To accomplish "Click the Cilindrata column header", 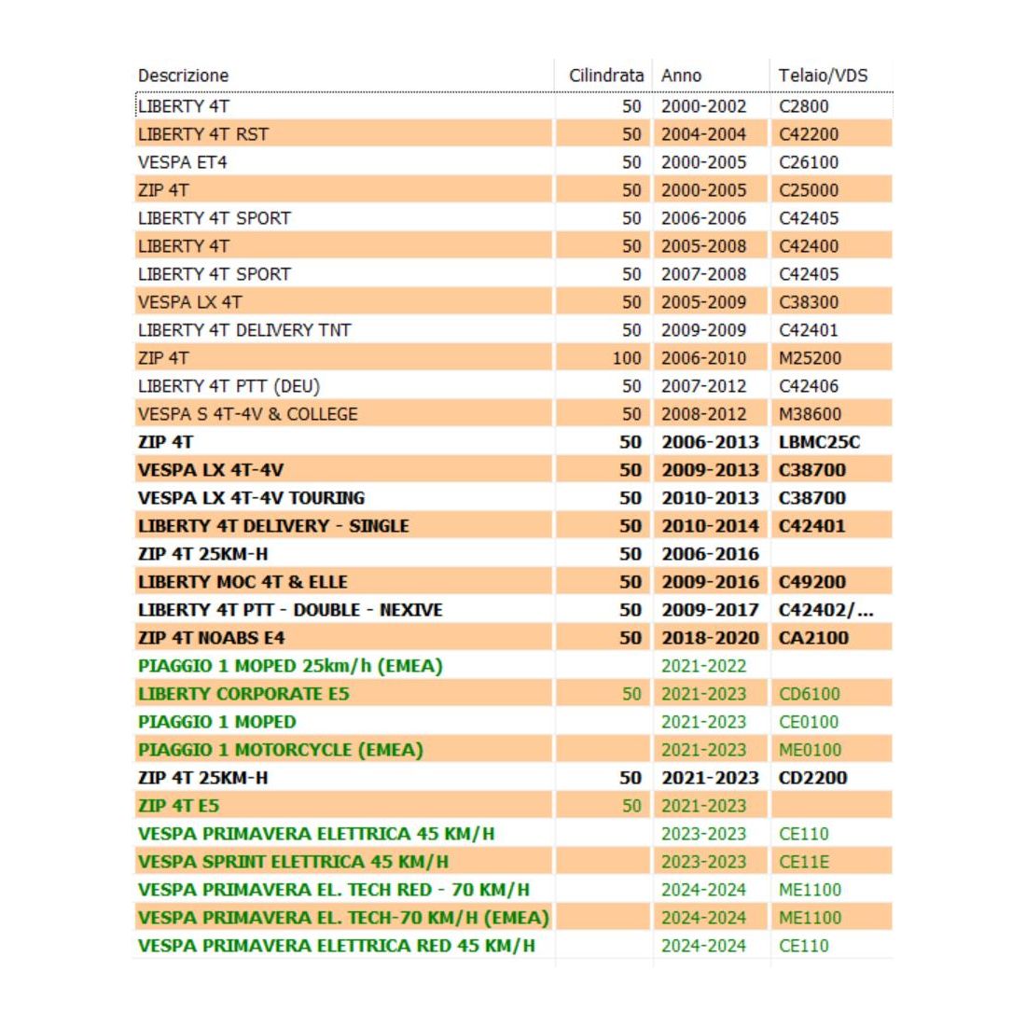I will [x=605, y=76].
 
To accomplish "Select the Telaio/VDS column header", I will [x=823, y=76].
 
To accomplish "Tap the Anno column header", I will [x=681, y=76].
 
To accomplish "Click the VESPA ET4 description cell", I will [x=183, y=162].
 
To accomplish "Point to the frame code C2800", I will [x=804, y=106].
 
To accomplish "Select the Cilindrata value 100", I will [x=627, y=358].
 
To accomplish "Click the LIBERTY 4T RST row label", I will [x=203, y=134].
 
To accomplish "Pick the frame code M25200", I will [x=810, y=358].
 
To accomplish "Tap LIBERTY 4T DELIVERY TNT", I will [x=244, y=330].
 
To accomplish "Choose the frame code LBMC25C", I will [x=819, y=442].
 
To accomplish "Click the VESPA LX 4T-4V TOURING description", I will [x=251, y=498].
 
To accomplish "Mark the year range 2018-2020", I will [x=710, y=638].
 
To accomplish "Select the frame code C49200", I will [x=812, y=582].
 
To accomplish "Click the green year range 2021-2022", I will [x=703, y=666].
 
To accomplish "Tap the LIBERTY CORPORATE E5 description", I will [x=243, y=694].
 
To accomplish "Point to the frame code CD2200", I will [x=812, y=778].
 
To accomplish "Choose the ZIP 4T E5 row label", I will [x=179, y=806].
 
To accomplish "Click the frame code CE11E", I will [x=804, y=862].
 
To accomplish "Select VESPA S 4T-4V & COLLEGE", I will [x=247, y=414].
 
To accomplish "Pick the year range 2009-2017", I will [x=710, y=610].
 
